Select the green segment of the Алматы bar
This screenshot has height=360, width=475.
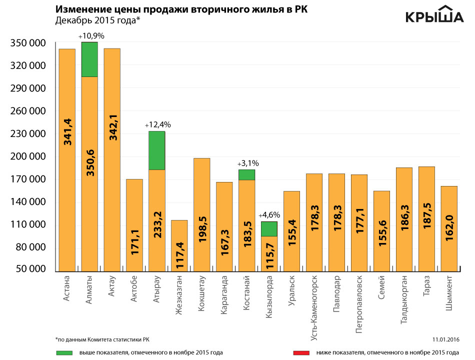89,59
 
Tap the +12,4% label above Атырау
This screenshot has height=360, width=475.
157,124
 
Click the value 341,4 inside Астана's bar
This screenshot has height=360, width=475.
67,131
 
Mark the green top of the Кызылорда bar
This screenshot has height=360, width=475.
269,228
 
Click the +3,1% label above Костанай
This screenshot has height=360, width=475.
247,163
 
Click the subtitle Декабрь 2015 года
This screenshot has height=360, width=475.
98,20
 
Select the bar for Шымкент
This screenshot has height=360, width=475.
449,227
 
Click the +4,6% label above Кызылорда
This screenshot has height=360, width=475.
269,215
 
